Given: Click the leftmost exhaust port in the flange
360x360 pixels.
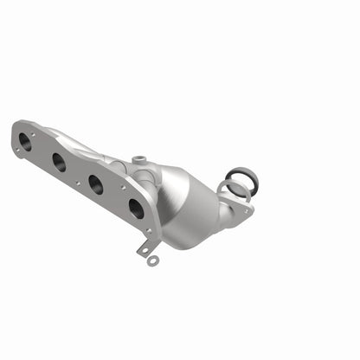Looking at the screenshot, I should pyautogui.click(x=24, y=142).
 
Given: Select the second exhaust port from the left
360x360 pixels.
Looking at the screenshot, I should pyautogui.click(x=59, y=162).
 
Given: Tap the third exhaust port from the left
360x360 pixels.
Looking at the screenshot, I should pyautogui.click(x=96, y=184).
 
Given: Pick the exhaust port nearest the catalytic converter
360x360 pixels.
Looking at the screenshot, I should pyautogui.click(x=136, y=208).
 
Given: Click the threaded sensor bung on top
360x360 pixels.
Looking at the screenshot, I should pyautogui.click(x=138, y=161).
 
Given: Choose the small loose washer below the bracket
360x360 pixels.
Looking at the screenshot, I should pyautogui.click(x=153, y=259).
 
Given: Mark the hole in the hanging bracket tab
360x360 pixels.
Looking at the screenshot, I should pyautogui.click(x=146, y=249).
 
